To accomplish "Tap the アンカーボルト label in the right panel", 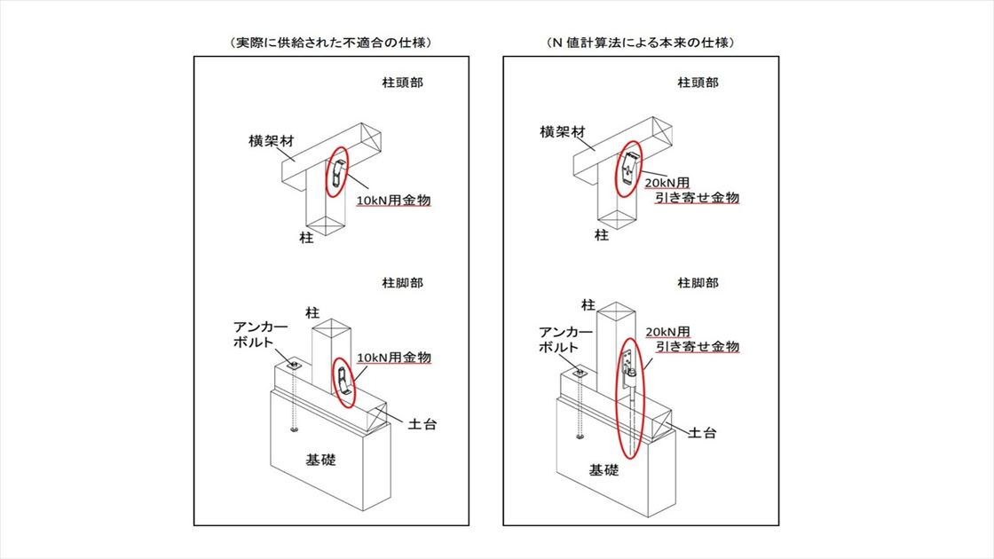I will click(x=561, y=340).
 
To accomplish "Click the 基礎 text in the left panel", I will click(x=320, y=461).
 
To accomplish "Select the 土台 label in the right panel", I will click(x=704, y=433).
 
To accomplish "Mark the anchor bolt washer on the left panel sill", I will click(x=295, y=363).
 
